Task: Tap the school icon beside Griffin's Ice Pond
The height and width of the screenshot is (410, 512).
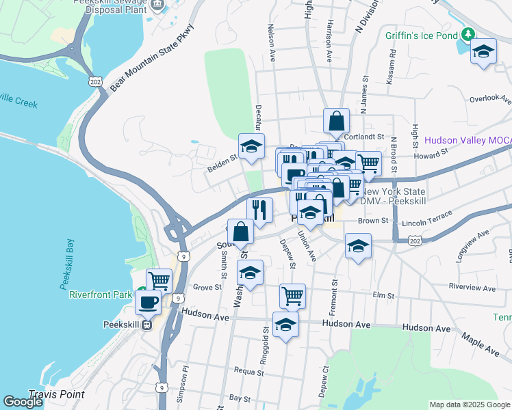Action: pyautogui.click(x=484, y=53)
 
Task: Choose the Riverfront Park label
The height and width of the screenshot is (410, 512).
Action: pyautogui.click(x=101, y=295)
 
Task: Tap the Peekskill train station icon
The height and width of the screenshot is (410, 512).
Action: pyautogui.click(x=146, y=325)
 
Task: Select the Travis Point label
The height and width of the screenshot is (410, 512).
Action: pyautogui.click(x=56, y=394)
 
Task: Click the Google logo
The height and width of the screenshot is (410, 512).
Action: pyautogui.click(x=23, y=402)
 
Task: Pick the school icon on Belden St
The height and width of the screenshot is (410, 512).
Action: pyautogui.click(x=251, y=146)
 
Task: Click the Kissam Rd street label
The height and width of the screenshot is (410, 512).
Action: pyautogui.click(x=391, y=62)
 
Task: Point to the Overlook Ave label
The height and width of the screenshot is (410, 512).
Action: pyautogui.click(x=490, y=98)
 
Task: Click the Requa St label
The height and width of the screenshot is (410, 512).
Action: pyautogui.click(x=248, y=373)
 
